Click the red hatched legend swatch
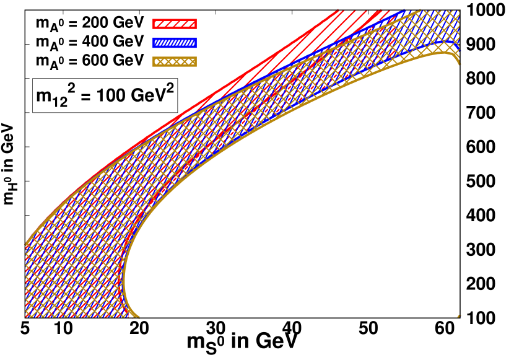click(x=174, y=24)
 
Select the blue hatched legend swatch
click(x=174, y=43)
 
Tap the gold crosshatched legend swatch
click(x=174, y=61)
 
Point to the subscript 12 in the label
click(x=61, y=103)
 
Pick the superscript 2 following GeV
click(x=169, y=89)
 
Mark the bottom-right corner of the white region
click(x=459, y=317)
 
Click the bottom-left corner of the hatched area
click(x=26, y=317)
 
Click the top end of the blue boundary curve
click(x=404, y=11)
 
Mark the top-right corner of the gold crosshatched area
click(x=459, y=11)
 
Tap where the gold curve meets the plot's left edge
click(x=26, y=242)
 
